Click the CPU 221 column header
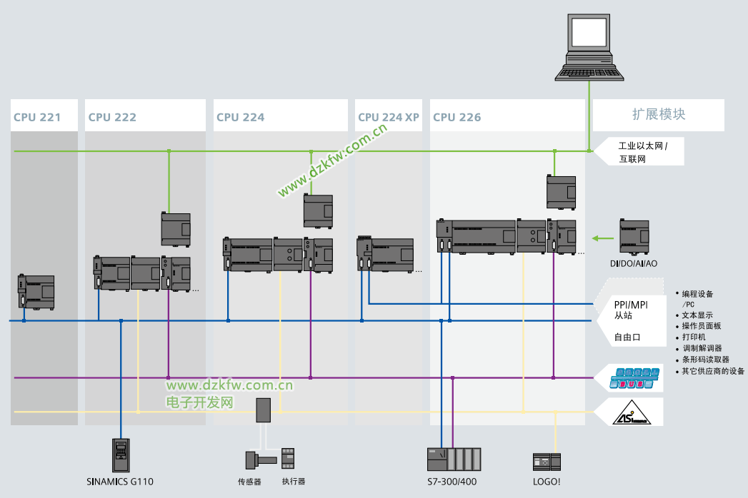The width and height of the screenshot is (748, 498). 36,117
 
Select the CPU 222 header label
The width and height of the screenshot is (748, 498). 112,117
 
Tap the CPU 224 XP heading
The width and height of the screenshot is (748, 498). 389,117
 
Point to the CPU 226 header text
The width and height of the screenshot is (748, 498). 457,117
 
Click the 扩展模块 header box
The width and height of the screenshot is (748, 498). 659,115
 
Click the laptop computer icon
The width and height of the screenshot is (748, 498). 590,46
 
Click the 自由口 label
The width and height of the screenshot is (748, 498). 628,337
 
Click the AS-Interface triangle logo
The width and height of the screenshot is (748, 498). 632,413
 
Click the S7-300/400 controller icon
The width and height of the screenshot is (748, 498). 454,458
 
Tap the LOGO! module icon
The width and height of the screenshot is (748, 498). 547,461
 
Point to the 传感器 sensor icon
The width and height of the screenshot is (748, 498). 254,458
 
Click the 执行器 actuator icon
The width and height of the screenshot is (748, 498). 288,458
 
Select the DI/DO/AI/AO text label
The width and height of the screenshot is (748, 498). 634,264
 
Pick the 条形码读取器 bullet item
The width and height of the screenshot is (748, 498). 706,360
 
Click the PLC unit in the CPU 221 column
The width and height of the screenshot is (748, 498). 36,291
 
